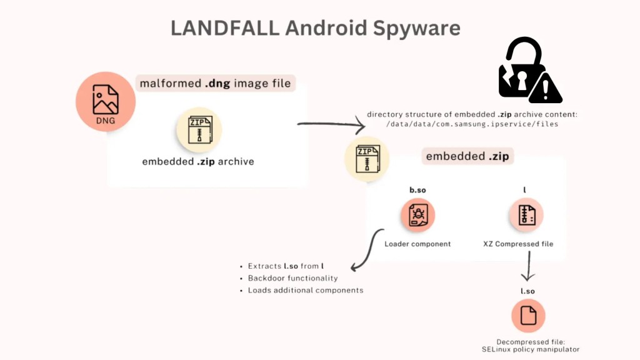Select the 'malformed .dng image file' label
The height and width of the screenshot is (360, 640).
point(216,82)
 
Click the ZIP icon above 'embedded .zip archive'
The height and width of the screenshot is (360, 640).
point(199,129)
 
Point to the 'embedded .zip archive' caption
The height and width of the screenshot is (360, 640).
point(198,161)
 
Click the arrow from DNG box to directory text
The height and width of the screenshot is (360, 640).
point(331,125)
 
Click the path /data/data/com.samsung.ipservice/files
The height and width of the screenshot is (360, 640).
point(472,124)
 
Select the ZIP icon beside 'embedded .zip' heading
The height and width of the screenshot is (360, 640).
point(367,159)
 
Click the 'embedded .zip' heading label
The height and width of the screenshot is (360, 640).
point(467,156)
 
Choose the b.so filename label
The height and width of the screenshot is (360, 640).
point(417,189)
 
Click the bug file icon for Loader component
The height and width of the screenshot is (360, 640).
point(417,216)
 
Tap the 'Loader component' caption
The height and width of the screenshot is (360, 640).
point(417,244)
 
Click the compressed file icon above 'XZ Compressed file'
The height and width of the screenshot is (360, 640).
point(526,216)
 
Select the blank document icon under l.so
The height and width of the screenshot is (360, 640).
point(528,316)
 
